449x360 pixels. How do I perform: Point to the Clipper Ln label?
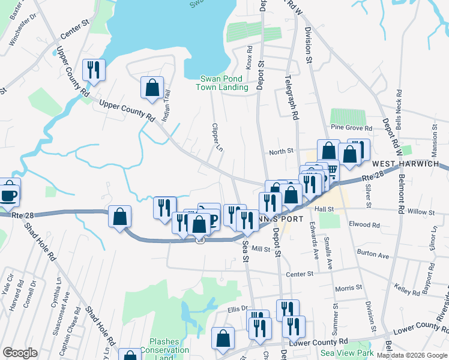217,137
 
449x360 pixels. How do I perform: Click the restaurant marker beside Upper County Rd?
94,70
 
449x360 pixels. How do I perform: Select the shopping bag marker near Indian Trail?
152,88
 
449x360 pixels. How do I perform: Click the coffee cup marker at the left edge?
8,195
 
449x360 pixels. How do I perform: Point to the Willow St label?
420,212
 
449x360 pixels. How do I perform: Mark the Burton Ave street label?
373,255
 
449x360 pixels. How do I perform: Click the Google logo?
20,353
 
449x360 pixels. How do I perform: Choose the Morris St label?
349,287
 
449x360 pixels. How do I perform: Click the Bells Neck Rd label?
399,107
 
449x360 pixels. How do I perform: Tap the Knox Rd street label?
249,58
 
